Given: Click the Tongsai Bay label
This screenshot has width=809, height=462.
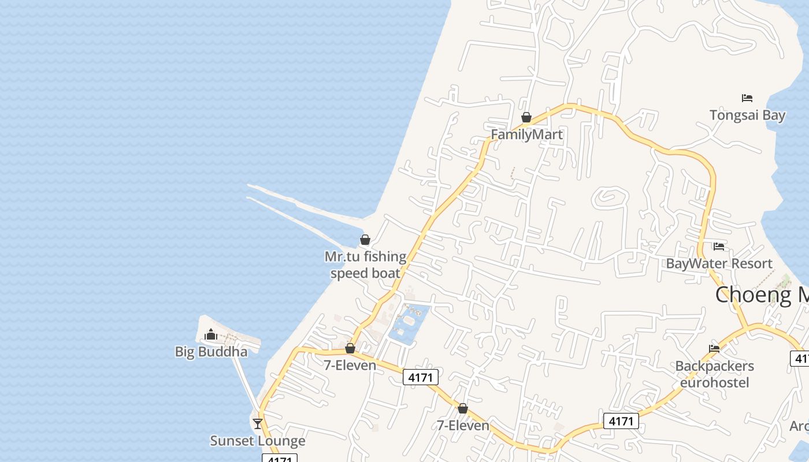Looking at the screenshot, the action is (747, 115).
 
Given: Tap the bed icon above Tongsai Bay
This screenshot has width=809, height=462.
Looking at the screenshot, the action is (747, 98).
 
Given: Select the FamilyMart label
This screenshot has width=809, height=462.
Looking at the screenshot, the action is (526, 135).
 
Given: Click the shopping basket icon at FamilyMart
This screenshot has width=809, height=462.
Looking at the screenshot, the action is (526, 118).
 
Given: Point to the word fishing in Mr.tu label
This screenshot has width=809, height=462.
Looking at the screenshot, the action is (385, 256).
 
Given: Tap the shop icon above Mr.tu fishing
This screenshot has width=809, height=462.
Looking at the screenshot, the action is (365, 240).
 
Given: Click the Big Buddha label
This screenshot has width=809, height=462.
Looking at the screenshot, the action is (211, 352).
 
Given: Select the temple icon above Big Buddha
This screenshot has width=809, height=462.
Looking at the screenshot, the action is (211, 334).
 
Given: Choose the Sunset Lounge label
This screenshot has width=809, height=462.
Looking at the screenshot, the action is (257, 441).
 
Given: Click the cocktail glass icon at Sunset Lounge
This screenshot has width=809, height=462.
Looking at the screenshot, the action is (258, 423).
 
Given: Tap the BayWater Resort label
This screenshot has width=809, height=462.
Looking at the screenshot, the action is (719, 263).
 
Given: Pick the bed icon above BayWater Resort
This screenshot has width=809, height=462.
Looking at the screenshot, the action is (719, 247).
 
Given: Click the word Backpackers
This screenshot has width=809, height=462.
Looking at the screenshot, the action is (714, 366).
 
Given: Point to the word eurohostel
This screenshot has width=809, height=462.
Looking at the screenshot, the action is (714, 382).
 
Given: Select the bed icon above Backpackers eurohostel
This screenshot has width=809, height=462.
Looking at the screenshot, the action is (714, 349).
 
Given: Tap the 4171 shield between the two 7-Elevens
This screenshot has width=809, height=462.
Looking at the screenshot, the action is (421, 377).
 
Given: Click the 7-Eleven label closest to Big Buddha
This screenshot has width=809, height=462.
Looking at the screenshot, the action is (350, 366).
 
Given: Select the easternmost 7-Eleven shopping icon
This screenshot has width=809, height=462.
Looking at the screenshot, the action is (462, 409).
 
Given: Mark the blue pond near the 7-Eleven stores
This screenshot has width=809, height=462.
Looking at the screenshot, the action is (409, 323).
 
